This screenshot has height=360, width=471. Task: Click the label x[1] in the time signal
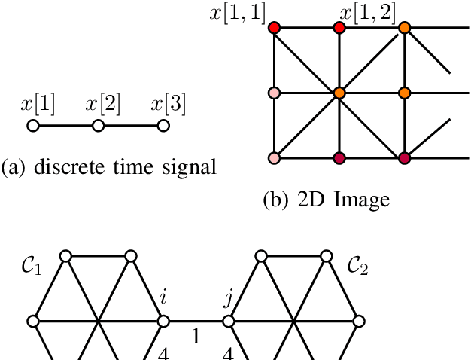[38, 104]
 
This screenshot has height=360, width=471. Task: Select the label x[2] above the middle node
[103, 104]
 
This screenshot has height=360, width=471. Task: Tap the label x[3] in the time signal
[169, 104]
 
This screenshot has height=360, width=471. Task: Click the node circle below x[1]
[33, 126]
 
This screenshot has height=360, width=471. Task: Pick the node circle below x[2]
[98, 126]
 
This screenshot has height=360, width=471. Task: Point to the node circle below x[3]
[163, 126]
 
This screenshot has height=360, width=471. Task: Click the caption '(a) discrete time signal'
[108, 167]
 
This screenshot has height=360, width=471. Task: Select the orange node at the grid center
[339, 93]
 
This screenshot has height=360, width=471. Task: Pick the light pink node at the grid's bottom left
[274, 158]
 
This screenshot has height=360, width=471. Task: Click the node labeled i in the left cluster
[163, 322]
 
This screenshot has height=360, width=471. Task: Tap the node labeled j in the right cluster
[228, 322]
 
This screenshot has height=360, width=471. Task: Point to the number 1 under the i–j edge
[196, 338]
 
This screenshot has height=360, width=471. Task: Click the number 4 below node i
[163, 352]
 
